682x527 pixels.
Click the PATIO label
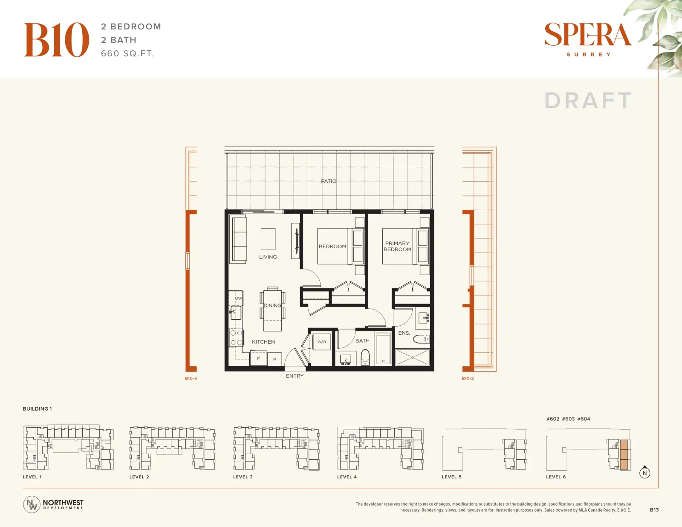point(328,181)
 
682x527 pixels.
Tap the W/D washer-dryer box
point(322,342)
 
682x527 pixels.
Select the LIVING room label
point(268,257)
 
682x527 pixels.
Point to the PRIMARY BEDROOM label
point(397,246)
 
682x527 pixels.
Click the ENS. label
point(404,333)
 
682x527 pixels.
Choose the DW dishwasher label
point(239,298)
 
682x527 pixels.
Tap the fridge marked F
point(258,359)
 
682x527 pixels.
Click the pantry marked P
point(275,359)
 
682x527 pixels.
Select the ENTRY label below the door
point(295,376)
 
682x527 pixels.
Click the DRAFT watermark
point(587,101)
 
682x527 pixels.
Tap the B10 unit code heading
point(57,40)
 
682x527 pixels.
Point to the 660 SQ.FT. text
point(127,53)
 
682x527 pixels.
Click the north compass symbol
point(644,472)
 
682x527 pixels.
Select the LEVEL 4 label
point(347,477)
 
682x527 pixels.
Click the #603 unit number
point(568,419)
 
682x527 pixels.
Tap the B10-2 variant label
point(468,378)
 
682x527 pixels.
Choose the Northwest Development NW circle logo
point(32,504)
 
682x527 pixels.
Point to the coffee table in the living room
point(268,239)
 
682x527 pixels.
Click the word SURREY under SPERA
point(589,54)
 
